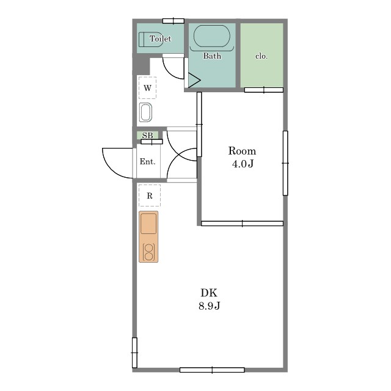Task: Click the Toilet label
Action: [x=160, y=38]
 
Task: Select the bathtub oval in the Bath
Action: [x=212, y=36]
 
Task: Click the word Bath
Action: [x=212, y=56]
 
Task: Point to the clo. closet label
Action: [x=261, y=56]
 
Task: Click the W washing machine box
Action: [x=148, y=88]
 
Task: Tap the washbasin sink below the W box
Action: [x=145, y=112]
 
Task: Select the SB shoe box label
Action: [x=147, y=136]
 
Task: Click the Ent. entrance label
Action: [x=148, y=161]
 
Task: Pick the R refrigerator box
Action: [x=150, y=195]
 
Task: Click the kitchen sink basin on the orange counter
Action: [x=148, y=224]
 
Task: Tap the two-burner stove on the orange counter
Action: [x=148, y=252]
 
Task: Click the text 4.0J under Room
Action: [x=243, y=164]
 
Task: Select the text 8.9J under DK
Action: [x=209, y=305]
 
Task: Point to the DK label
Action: [x=209, y=293]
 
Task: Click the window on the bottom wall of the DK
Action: [x=212, y=370]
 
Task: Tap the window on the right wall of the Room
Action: [x=285, y=163]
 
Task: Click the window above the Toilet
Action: [x=174, y=21]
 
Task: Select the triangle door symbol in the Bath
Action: [x=194, y=80]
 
